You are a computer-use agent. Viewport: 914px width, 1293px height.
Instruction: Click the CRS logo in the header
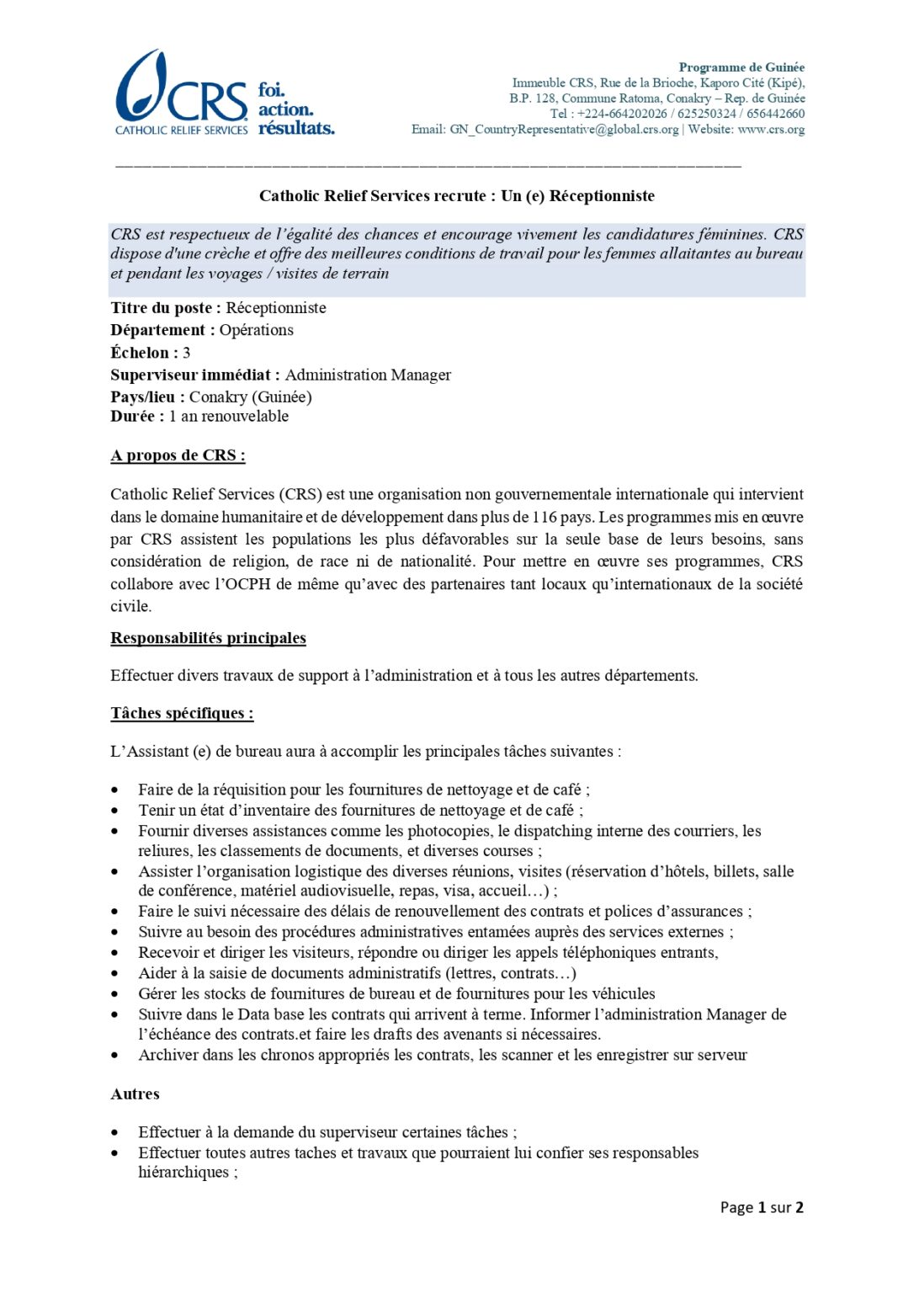pyautogui.click(x=181, y=93)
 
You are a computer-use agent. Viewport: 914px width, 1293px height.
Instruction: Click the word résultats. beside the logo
pyautogui.click(x=296, y=128)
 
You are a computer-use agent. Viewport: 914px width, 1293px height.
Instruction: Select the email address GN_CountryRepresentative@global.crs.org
pyautogui.click(x=564, y=130)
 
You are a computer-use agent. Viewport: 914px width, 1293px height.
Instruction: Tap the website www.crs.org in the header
pyautogui.click(x=771, y=130)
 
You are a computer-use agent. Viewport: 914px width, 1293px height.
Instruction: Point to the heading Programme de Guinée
pyautogui.click(x=741, y=67)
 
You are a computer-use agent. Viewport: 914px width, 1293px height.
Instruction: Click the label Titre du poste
pyautogui.click(x=165, y=308)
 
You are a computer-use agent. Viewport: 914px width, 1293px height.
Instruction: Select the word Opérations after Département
pyautogui.click(x=257, y=330)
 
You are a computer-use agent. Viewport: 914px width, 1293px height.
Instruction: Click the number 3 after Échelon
pyautogui.click(x=187, y=353)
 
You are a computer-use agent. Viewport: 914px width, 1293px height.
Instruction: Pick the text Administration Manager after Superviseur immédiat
pyautogui.click(x=368, y=375)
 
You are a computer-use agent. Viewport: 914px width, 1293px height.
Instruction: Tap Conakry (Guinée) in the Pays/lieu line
pyautogui.click(x=250, y=396)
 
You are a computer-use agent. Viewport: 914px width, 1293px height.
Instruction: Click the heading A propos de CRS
pyautogui.click(x=178, y=455)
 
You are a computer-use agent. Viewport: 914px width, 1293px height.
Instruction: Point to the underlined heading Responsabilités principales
pyautogui.click(x=208, y=638)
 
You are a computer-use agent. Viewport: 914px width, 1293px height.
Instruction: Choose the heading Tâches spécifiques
pyautogui.click(x=182, y=714)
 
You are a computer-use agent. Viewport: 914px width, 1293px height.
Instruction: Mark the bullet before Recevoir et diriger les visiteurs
pyautogui.click(x=115, y=953)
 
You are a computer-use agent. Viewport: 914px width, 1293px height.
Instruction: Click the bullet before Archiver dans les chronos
pyautogui.click(x=115, y=1056)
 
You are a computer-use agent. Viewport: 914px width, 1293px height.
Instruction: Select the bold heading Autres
pyautogui.click(x=135, y=1094)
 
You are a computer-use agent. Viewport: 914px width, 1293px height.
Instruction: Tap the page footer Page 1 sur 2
pyautogui.click(x=762, y=1207)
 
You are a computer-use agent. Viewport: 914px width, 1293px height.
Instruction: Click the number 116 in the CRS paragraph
pyautogui.click(x=545, y=517)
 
